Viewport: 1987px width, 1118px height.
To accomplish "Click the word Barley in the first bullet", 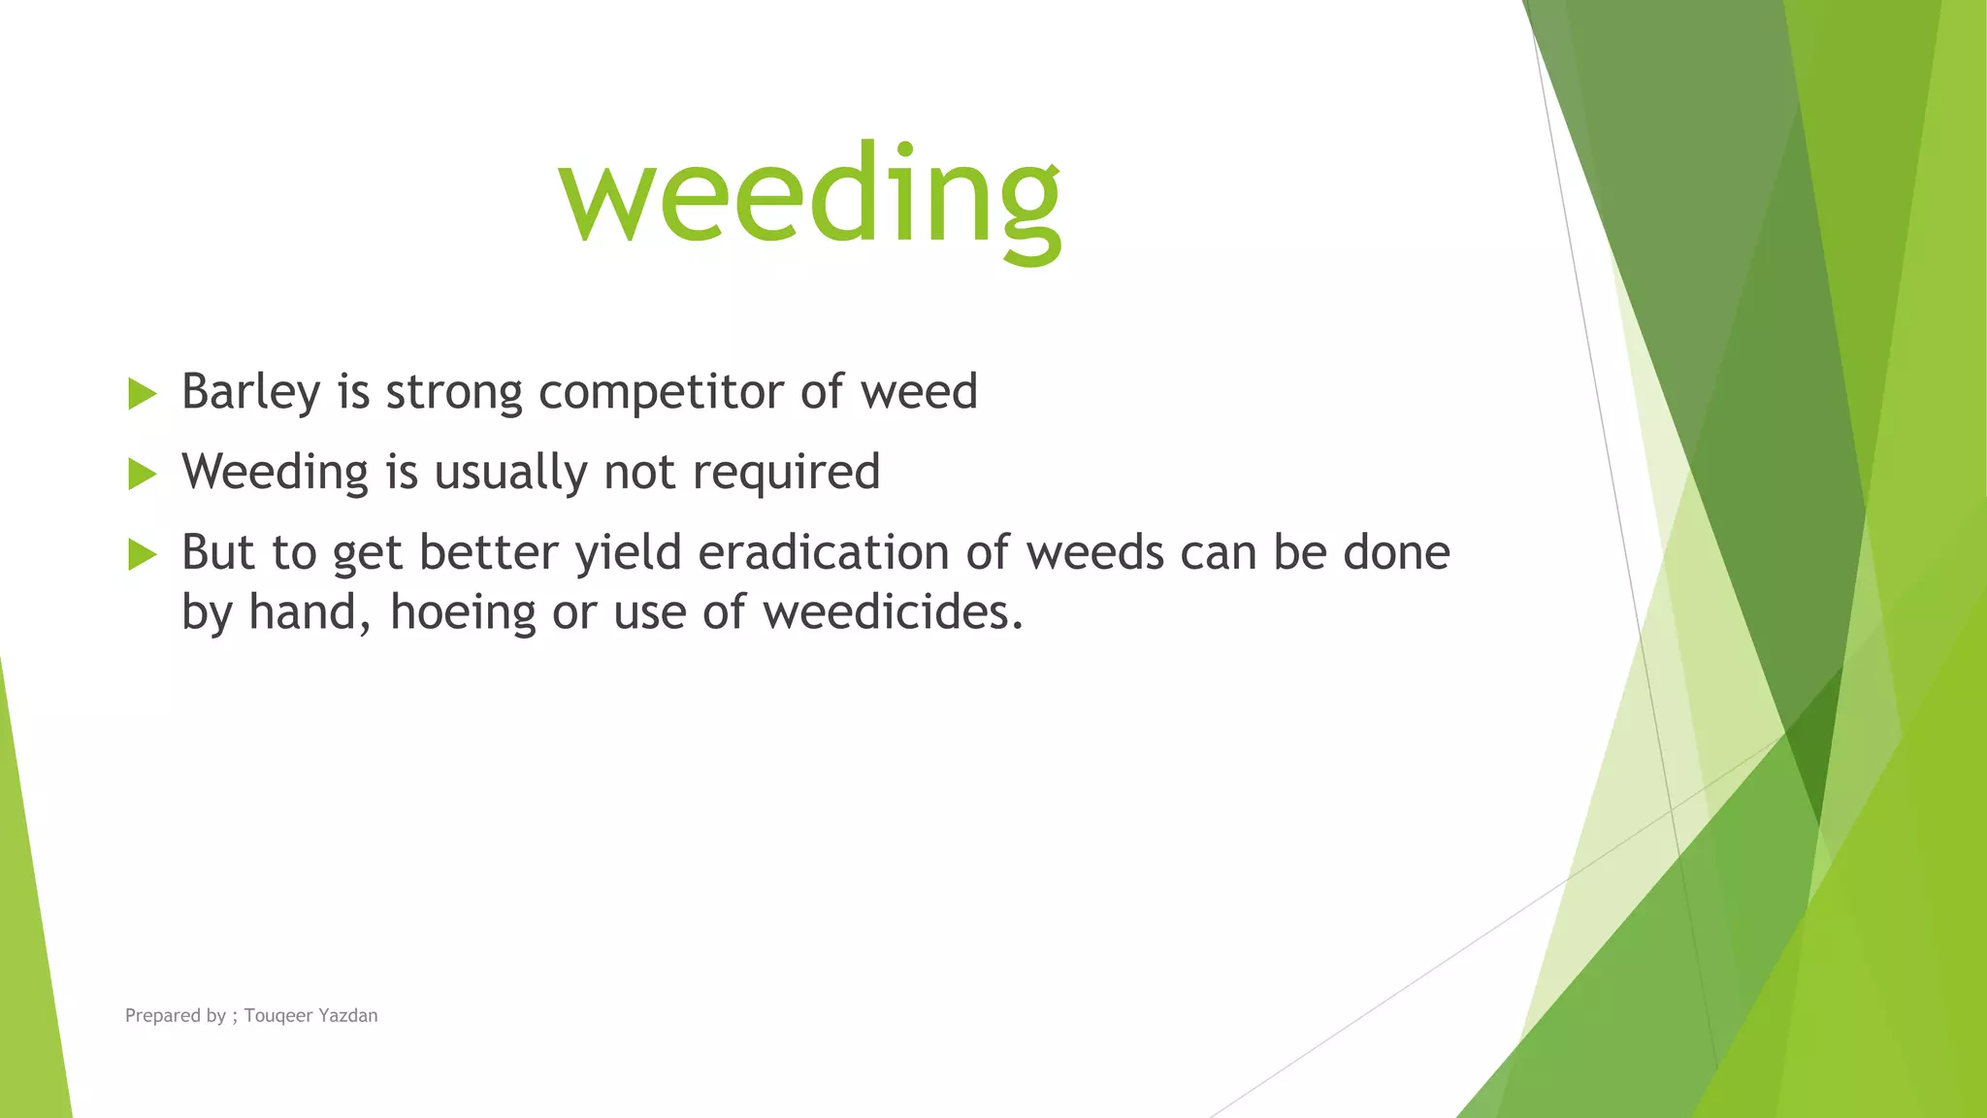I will pyautogui.click(x=250, y=392).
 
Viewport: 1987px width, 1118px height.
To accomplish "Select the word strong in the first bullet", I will pyautogui.click(x=454, y=392).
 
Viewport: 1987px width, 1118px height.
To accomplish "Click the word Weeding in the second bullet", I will pyautogui.click(x=276, y=473).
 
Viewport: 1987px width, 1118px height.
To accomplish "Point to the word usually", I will pyautogui.click(x=510, y=473).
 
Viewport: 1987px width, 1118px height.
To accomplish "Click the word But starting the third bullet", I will pyautogui.click(x=218, y=552).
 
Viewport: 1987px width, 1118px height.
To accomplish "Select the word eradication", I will pyautogui.click(x=824, y=552).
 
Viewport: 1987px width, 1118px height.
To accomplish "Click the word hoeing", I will pyautogui.click(x=463, y=612).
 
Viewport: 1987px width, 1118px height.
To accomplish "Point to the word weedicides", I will pyautogui.click(x=892, y=612).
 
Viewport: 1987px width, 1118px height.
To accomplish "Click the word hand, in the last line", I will pyautogui.click(x=309, y=612).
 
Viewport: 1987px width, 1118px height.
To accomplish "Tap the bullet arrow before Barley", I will pyautogui.click(x=142, y=394).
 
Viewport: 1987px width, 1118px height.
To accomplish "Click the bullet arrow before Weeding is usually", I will pyautogui.click(x=142, y=475).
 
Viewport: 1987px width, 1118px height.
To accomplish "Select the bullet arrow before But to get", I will pyautogui.click(x=142, y=555).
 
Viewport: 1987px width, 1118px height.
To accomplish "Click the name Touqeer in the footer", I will pyautogui.click(x=278, y=1015).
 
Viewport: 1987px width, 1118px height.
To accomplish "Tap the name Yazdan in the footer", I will pyautogui.click(x=348, y=1015).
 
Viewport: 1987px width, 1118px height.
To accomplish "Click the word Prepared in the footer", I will pyautogui.click(x=162, y=1015).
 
